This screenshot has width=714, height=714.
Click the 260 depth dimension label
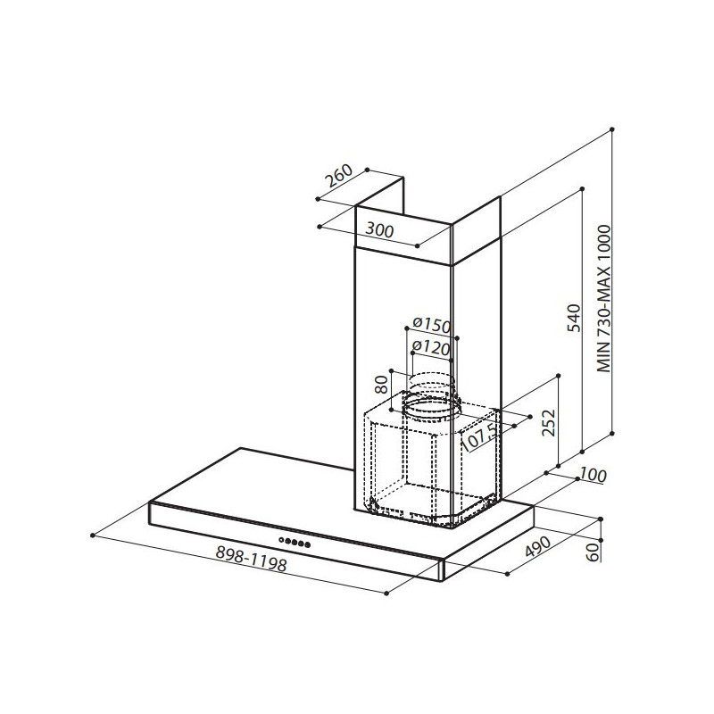339,177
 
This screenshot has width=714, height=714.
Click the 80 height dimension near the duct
383,386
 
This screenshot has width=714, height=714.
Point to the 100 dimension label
591,476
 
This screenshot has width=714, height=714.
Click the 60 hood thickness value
592,552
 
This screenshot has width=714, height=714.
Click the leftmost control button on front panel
284,542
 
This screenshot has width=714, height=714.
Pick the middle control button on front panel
296,543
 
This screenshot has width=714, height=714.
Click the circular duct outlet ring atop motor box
430,404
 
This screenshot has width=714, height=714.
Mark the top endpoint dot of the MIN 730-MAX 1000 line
614,130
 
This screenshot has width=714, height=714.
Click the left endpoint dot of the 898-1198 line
94,535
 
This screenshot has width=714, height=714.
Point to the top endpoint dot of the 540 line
582,189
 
